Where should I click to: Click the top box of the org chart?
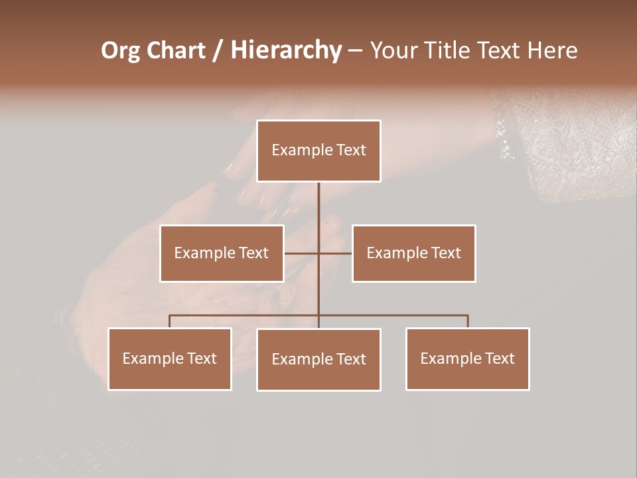point(318,151)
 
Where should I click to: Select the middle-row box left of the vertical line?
point(222,253)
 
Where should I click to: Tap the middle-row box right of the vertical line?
point(413,253)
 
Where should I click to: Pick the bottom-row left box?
point(170,358)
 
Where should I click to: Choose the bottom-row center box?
point(318,359)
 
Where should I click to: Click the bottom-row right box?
point(467,358)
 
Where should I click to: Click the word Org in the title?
point(120,50)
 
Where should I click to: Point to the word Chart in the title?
point(176,50)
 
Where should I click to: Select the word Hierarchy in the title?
point(286,50)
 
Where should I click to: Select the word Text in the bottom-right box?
point(500,358)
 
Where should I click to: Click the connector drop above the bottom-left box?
point(170,321)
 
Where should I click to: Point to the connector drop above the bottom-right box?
point(468,321)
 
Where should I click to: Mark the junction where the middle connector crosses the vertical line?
point(318,253)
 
